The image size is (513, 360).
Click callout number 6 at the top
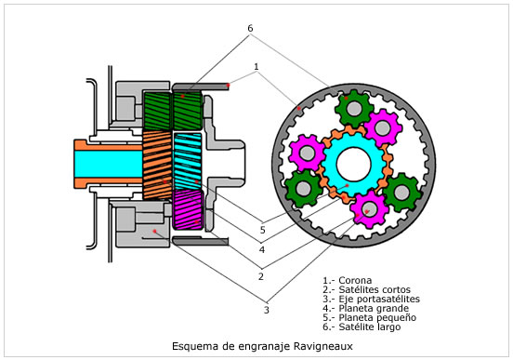250,29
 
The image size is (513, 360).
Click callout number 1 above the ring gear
256,66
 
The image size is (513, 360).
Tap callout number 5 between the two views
262,230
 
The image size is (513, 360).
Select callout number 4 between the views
262,250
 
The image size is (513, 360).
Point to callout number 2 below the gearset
261,277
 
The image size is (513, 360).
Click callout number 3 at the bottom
267,310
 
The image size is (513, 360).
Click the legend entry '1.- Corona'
348,280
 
